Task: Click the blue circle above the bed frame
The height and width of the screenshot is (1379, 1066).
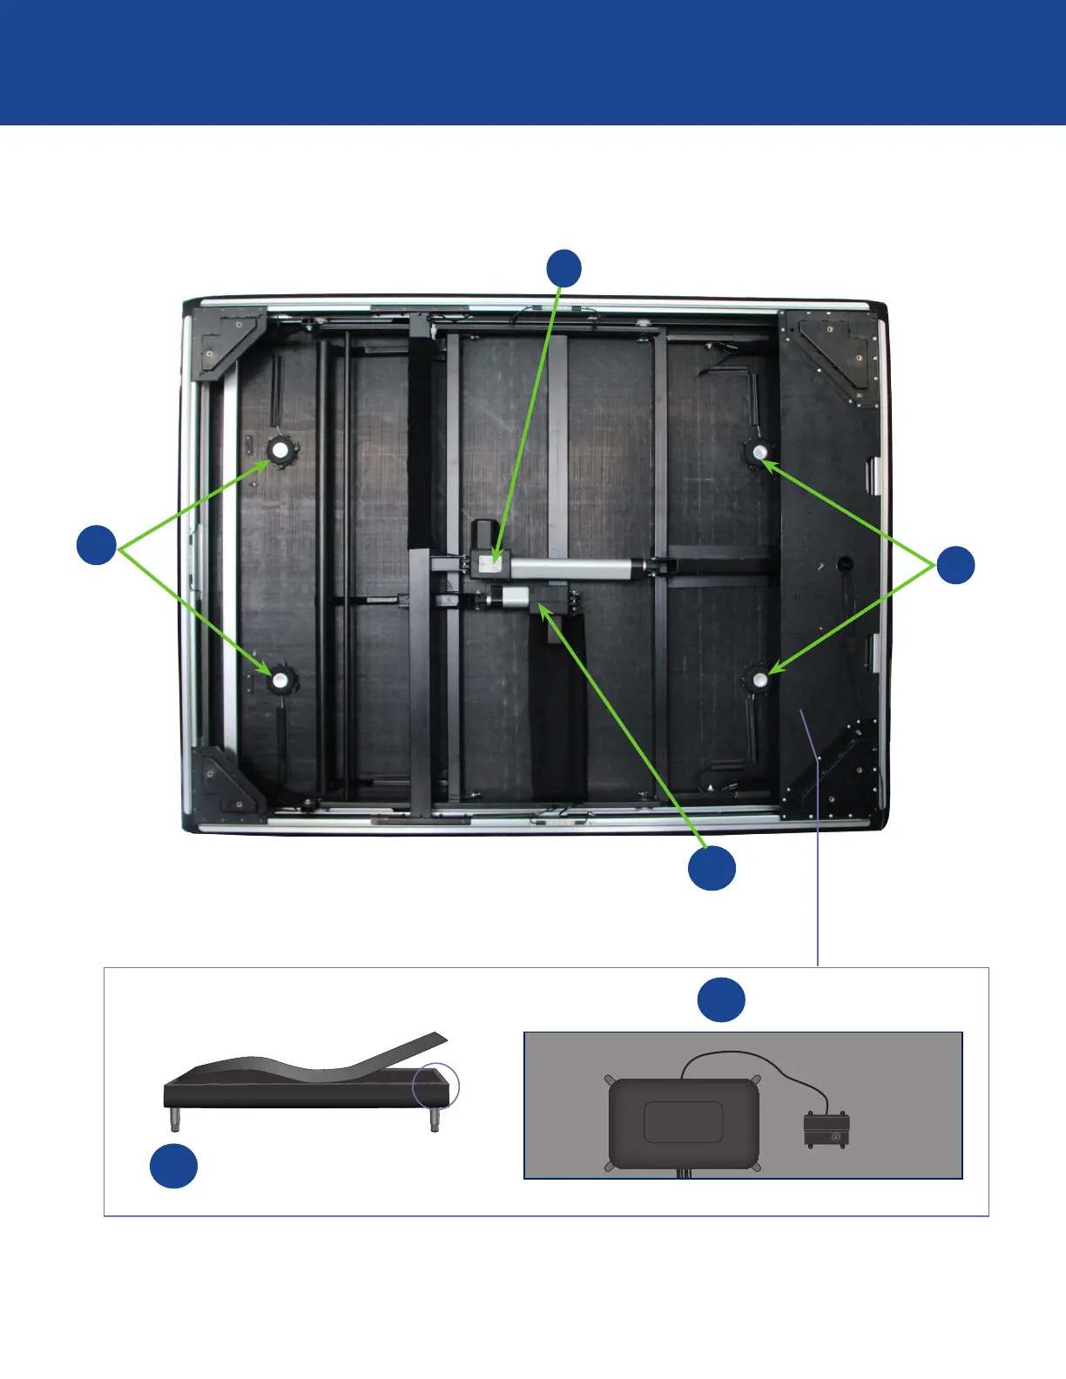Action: pos(564,268)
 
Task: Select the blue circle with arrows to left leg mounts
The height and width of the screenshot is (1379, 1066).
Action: pos(97,545)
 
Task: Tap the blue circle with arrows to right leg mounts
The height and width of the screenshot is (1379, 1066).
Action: pos(955,565)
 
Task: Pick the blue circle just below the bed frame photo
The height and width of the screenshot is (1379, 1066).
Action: pos(712,868)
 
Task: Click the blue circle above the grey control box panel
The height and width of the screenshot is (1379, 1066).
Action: pos(721,999)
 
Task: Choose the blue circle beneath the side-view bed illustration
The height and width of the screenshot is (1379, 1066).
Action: pos(173,1167)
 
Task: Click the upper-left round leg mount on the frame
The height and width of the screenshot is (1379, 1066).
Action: pos(281,451)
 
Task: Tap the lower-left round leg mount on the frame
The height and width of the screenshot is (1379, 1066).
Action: pos(280,680)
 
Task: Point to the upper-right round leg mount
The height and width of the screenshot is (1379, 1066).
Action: pos(759,452)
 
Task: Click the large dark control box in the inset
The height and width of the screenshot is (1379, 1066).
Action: pos(684,1123)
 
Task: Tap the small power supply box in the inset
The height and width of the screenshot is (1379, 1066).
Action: pos(826,1129)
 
